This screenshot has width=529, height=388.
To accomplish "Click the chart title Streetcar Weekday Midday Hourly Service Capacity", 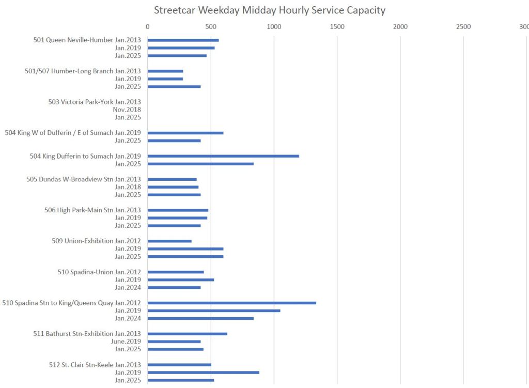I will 269,10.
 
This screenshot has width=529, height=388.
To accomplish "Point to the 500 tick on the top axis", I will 211,26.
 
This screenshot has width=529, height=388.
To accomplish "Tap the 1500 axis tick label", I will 337,26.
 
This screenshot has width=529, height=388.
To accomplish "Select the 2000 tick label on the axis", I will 400,26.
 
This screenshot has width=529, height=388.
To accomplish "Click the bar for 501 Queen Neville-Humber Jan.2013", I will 183,40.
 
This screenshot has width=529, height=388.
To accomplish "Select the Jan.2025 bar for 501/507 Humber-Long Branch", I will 174,87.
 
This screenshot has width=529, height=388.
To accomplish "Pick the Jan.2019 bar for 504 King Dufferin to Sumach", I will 223,156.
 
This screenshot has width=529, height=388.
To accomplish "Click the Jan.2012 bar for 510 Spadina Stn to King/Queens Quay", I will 232,303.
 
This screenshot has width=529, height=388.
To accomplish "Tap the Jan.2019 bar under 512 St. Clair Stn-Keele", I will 204,373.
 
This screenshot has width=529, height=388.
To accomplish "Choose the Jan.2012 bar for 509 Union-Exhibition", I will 169,241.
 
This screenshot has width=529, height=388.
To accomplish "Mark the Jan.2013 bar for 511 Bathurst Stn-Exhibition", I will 188,334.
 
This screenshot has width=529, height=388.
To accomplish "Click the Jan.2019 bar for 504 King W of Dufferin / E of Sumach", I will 185,133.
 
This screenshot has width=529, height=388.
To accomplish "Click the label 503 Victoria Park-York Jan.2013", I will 95,102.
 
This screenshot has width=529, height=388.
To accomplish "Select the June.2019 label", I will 126,342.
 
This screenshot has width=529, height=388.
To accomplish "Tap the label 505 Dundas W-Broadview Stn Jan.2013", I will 84,179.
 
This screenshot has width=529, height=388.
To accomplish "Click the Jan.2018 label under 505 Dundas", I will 128,187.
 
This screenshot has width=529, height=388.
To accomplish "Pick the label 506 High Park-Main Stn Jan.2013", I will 93,210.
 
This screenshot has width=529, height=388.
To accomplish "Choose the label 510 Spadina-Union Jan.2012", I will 99,272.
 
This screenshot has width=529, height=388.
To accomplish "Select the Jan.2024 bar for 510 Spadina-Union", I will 174,287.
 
